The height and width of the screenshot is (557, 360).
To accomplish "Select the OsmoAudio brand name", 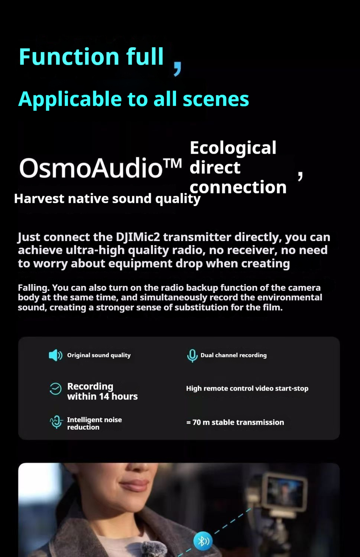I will tap(91, 168).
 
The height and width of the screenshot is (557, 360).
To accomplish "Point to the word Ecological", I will tap(233, 148).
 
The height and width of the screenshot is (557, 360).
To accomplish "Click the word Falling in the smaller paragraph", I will tap(33, 288).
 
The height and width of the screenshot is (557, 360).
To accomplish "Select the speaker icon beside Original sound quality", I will tap(55, 355).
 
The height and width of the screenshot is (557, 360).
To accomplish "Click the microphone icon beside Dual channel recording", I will tap(192, 355).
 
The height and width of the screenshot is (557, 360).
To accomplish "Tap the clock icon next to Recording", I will tap(55, 389).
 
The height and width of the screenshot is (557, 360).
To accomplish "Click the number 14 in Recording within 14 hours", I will tap(104, 397).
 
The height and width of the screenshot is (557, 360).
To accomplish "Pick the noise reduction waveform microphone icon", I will tap(56, 422).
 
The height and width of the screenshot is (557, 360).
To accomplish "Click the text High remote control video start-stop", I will tap(247, 388).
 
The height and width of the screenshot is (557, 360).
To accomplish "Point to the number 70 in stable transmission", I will tap(197, 423).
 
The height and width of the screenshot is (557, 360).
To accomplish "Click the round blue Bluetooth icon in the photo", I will tap(203, 540).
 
